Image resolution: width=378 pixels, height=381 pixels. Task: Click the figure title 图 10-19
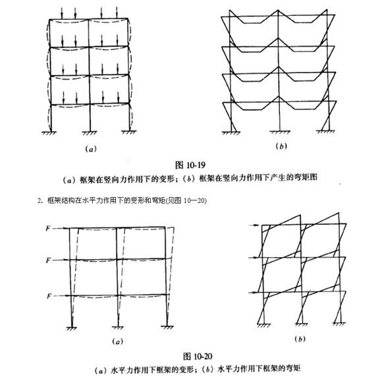coord(190,165)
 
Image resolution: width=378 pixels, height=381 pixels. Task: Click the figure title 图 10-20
coord(198,357)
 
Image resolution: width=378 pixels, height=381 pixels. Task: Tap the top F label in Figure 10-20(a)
coord(49,229)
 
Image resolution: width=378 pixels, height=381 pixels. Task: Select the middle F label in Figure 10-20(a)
coord(49,260)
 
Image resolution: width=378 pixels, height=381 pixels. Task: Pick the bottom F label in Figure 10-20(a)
coord(49,296)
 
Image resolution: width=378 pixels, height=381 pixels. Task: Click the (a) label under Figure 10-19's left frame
coord(91,149)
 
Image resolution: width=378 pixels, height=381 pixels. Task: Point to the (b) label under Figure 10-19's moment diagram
coord(281,146)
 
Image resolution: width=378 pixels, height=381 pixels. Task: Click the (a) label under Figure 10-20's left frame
coord(118,341)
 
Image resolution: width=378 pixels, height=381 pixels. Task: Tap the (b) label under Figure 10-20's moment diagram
coord(300,339)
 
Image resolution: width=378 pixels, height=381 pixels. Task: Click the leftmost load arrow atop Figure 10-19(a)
coord(62,13)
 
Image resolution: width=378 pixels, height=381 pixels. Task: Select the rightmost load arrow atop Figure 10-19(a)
coord(117,13)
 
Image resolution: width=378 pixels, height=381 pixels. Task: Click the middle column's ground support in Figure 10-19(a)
coord(90,132)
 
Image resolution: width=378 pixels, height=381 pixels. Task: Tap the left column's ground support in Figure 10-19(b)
coord(231,132)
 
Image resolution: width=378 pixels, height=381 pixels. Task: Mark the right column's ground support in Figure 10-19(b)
coord(326,132)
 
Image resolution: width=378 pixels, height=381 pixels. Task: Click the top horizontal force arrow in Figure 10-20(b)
coord(255,225)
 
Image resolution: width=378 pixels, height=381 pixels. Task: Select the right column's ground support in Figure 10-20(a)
coord(167,328)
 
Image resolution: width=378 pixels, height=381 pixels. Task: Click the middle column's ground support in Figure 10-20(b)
coord(301,324)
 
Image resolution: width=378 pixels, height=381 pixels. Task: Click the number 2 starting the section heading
coord(39,200)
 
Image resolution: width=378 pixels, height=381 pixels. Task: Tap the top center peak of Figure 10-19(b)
coord(278,10)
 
